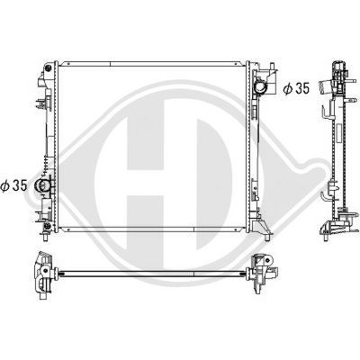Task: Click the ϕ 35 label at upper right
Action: pyautogui.click(x=296, y=88)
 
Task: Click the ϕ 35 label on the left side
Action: pyautogui.click(x=13, y=185)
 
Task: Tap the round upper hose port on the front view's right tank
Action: pyautogui.click(x=260, y=87)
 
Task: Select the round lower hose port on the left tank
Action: pyautogui.click(x=41, y=185)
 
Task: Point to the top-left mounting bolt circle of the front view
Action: pyautogui.click(x=48, y=68)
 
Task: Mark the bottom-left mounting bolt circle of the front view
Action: pyautogui.click(x=47, y=226)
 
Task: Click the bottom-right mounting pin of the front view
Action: pyautogui.click(x=266, y=238)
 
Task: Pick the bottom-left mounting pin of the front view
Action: pyautogui.click(x=45, y=238)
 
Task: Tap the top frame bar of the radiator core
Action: pyautogui.click(x=151, y=64)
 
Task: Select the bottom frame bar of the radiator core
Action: pyautogui.click(x=151, y=229)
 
